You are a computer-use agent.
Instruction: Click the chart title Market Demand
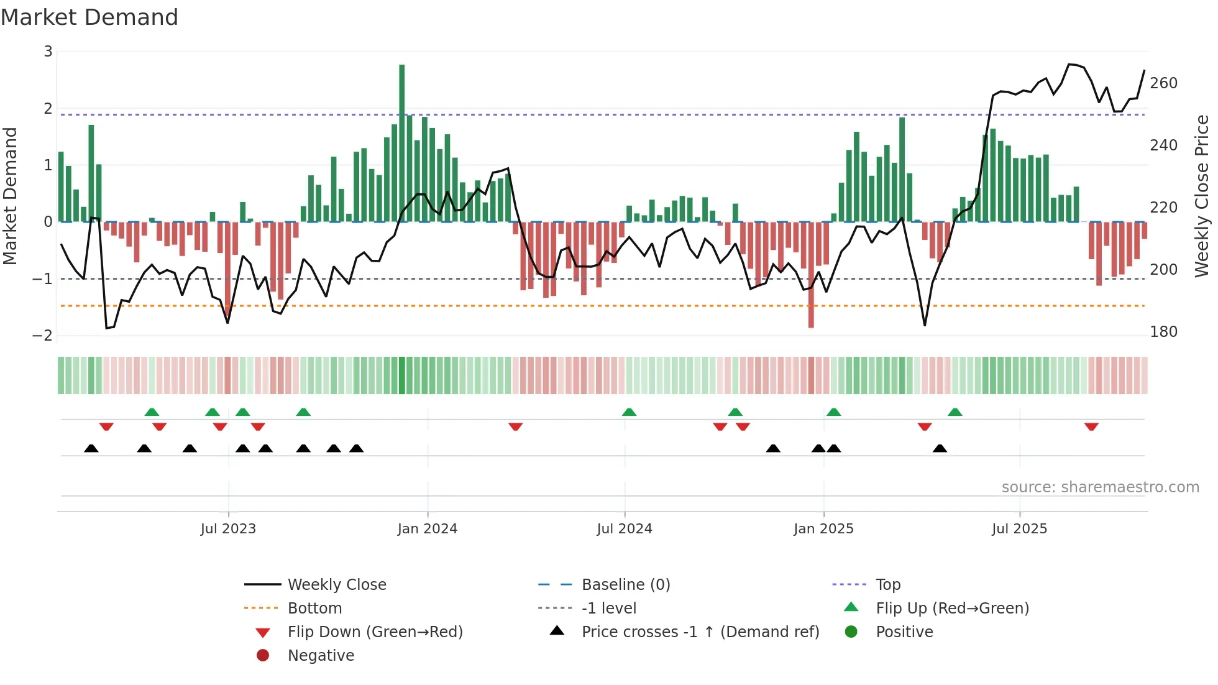[89, 17]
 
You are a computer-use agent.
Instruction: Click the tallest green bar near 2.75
[402, 143]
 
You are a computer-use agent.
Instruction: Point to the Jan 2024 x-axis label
[428, 529]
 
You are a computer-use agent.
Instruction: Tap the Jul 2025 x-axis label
[1019, 529]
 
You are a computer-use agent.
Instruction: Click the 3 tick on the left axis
[48, 52]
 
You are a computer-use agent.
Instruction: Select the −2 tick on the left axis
[43, 336]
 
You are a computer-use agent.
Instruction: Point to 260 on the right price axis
[1163, 83]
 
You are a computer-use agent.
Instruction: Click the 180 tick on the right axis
[1163, 332]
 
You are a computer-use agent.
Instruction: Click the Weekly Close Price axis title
[1202, 196]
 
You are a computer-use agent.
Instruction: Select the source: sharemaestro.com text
[1100, 487]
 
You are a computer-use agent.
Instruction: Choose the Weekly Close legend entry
[336, 585]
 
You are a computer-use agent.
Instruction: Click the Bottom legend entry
[314, 609]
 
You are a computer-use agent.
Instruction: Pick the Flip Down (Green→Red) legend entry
[375, 632]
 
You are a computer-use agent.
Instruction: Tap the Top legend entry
[888, 585]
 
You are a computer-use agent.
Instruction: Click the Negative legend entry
[321, 656]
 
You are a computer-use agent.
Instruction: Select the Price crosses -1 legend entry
[700, 632]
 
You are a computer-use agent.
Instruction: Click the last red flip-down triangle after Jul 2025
[1091, 426]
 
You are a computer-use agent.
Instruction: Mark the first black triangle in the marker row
[91, 448]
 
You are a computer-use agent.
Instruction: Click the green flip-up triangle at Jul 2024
[629, 412]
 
